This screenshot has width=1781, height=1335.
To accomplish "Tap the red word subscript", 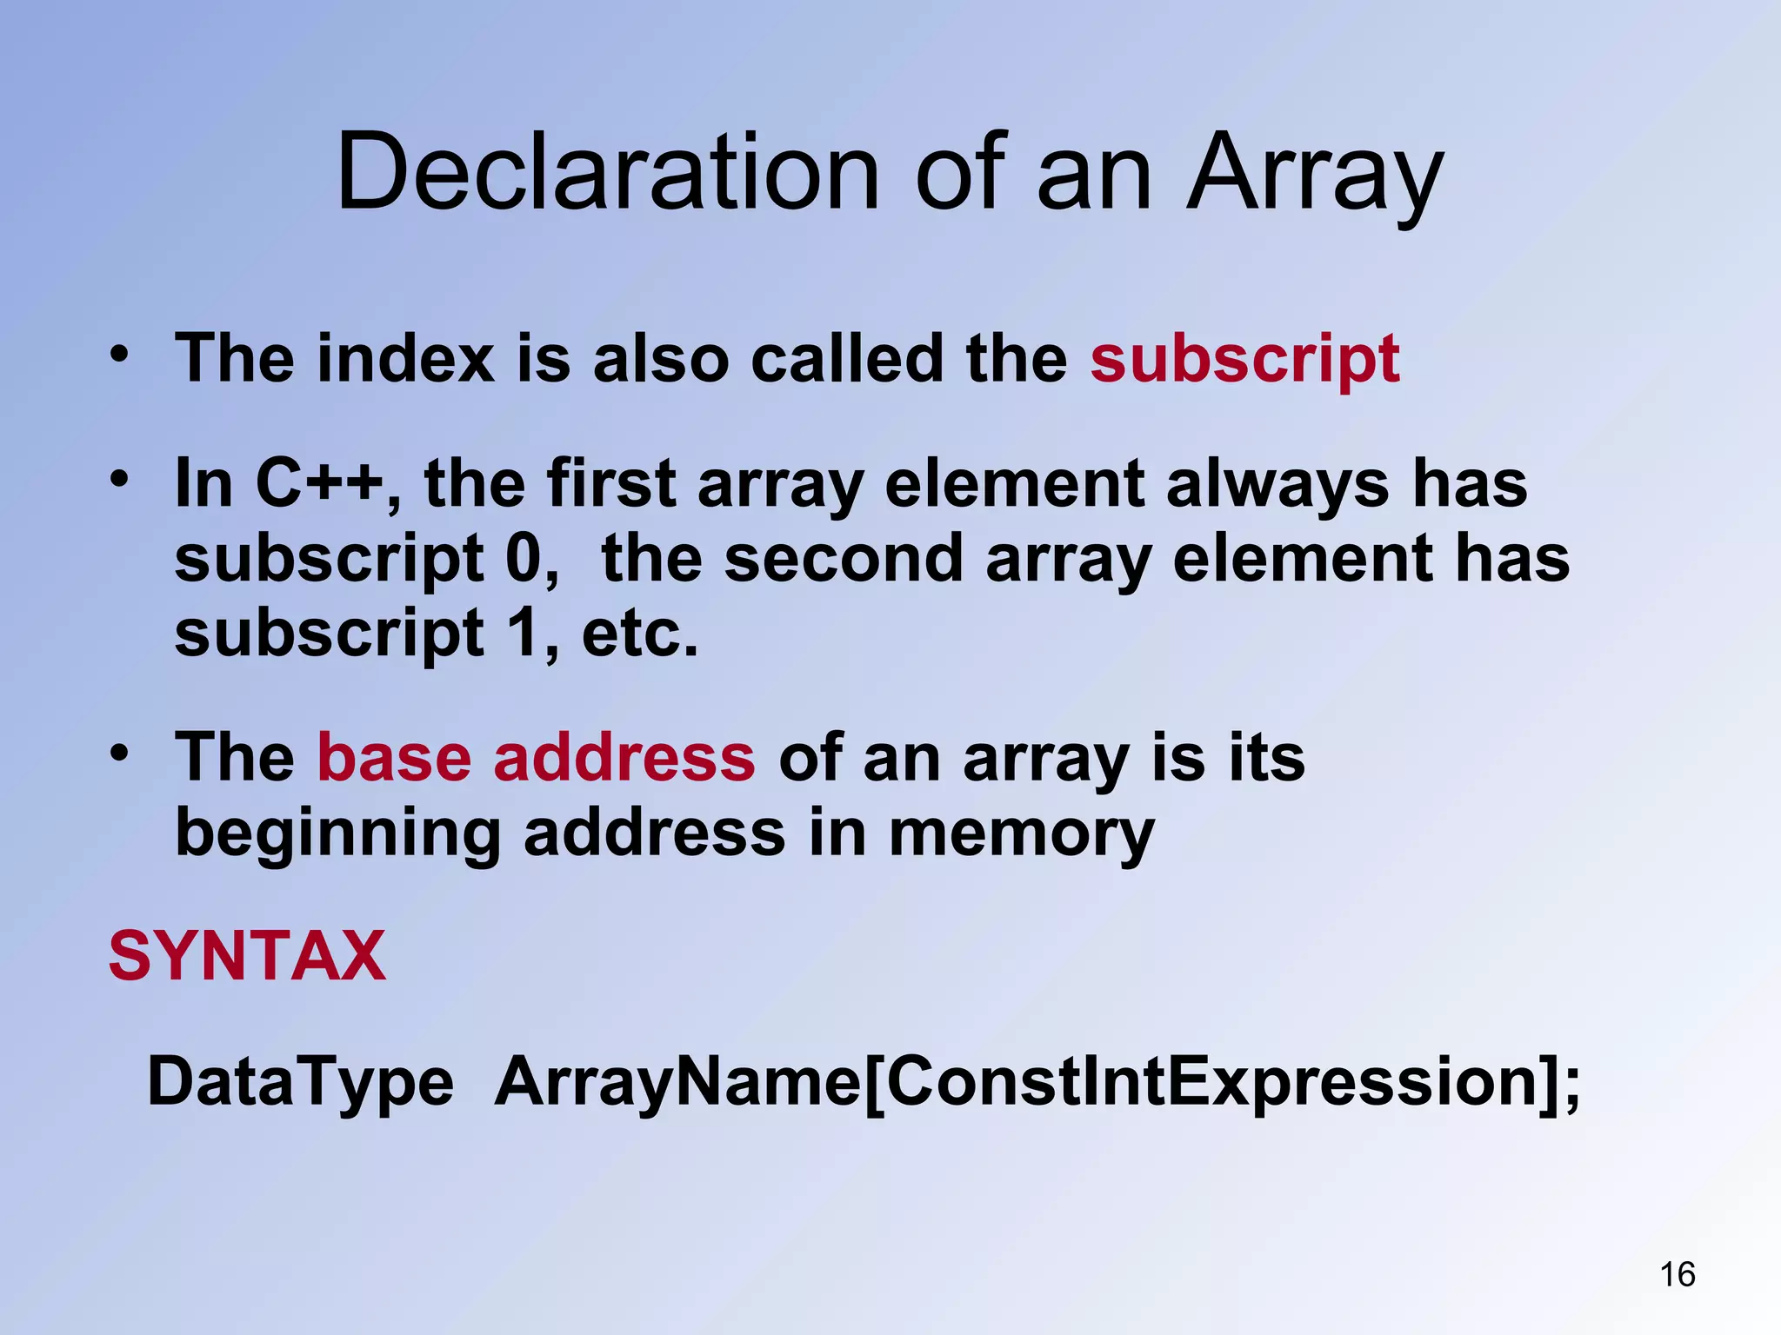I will point(1244,358).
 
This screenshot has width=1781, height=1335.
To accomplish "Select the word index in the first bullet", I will point(406,358).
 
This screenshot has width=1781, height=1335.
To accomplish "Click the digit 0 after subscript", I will point(523,558).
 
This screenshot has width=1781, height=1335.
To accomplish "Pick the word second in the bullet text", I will point(844,558).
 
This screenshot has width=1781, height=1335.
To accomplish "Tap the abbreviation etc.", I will point(640,633).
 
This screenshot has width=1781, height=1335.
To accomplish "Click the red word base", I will point(394,758).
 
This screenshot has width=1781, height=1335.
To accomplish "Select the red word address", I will point(624,758).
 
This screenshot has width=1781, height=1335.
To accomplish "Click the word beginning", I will point(337,833).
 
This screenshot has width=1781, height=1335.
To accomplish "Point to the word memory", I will point(1021,833).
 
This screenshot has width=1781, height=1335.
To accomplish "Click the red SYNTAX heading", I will point(247,956).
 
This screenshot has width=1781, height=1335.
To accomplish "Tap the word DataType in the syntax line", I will point(301,1082).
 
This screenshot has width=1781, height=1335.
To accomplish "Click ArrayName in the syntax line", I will point(677,1082).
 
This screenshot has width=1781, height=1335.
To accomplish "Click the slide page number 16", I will point(1678,1274).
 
